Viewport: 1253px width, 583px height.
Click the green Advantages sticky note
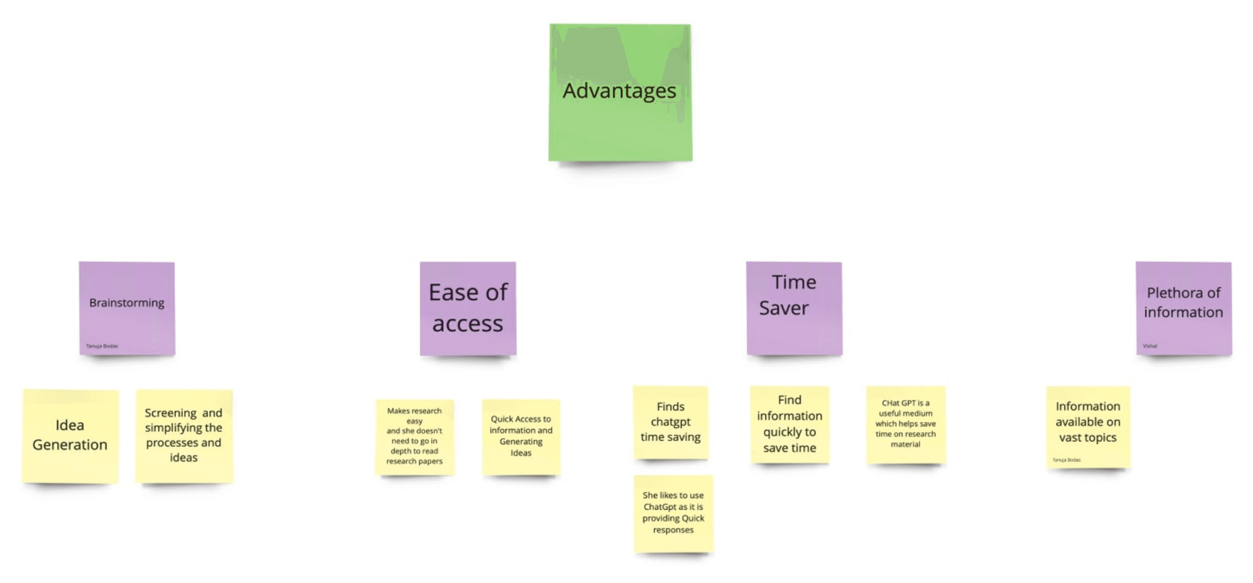(620, 92)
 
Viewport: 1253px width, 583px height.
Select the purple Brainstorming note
(127, 308)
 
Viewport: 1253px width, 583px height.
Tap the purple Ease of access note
(468, 308)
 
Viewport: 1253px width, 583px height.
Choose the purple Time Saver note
(794, 308)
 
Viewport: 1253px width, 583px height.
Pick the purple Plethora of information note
(1183, 308)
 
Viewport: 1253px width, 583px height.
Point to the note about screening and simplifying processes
(184, 435)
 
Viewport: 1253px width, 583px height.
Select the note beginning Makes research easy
(414, 437)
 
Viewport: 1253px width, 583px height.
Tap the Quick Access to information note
(521, 437)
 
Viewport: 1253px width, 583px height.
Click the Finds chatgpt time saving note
(670, 422)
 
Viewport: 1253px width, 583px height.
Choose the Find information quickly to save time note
(789, 424)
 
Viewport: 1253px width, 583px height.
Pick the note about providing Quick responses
(673, 513)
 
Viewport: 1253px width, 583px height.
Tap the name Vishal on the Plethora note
(1150, 346)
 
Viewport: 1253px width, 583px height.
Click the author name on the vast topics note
(1066, 460)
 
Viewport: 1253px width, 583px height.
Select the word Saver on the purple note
(784, 308)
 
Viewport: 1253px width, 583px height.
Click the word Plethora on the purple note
(1167, 293)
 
